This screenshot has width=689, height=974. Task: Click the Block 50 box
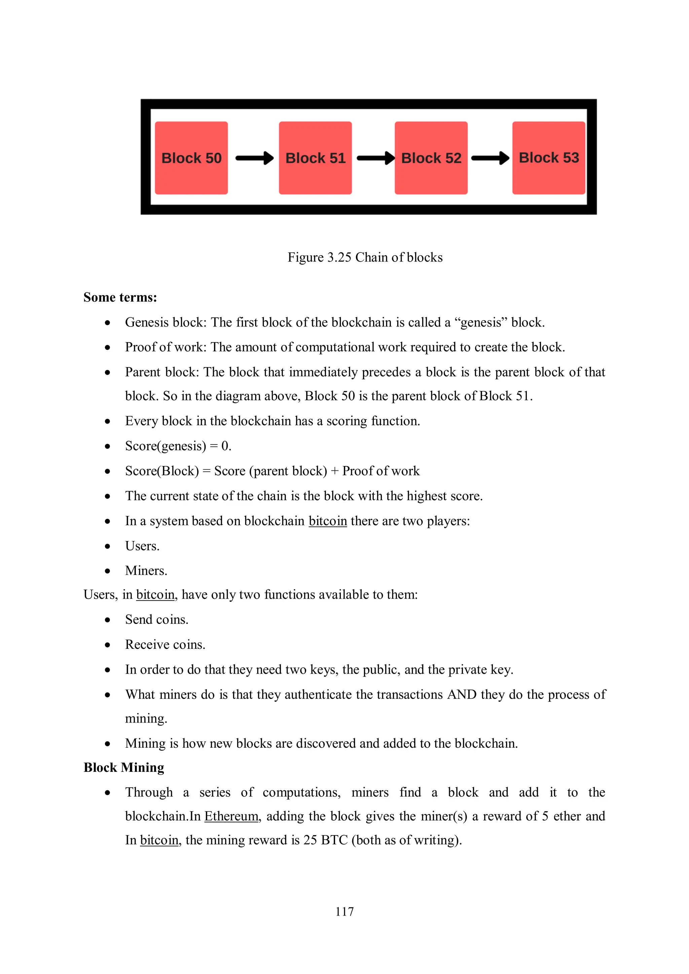[x=191, y=158]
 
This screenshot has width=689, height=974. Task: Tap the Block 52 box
[x=431, y=158]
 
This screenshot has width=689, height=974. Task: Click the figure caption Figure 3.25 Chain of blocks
[x=365, y=257]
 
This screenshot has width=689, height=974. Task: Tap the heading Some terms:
[x=120, y=297]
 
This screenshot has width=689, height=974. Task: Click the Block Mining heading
[x=123, y=768]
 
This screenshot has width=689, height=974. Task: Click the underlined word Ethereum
[x=231, y=816]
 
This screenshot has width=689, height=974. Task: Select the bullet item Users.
[x=142, y=546]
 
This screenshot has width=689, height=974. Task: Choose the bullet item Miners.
[x=146, y=571]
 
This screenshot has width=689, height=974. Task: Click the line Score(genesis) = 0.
[x=178, y=446]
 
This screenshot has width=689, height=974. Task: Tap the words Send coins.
[x=157, y=620]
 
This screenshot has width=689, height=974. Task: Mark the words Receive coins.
[x=165, y=645]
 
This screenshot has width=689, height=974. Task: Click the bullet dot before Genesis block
[x=108, y=323]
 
